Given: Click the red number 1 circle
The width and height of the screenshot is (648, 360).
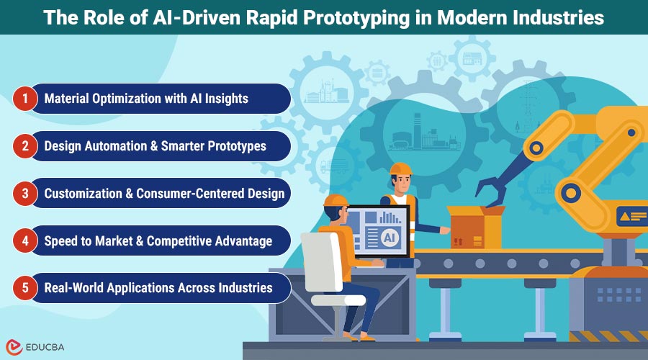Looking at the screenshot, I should (x=25, y=99).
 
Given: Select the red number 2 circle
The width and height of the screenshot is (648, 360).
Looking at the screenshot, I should (x=25, y=146).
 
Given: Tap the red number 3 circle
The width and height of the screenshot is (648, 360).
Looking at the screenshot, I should (x=25, y=193).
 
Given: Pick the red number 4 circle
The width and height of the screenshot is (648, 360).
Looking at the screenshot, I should (x=25, y=240).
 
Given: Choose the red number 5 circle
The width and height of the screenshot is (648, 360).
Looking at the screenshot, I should (x=25, y=288).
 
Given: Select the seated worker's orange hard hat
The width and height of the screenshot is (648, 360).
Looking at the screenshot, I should (x=335, y=201).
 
